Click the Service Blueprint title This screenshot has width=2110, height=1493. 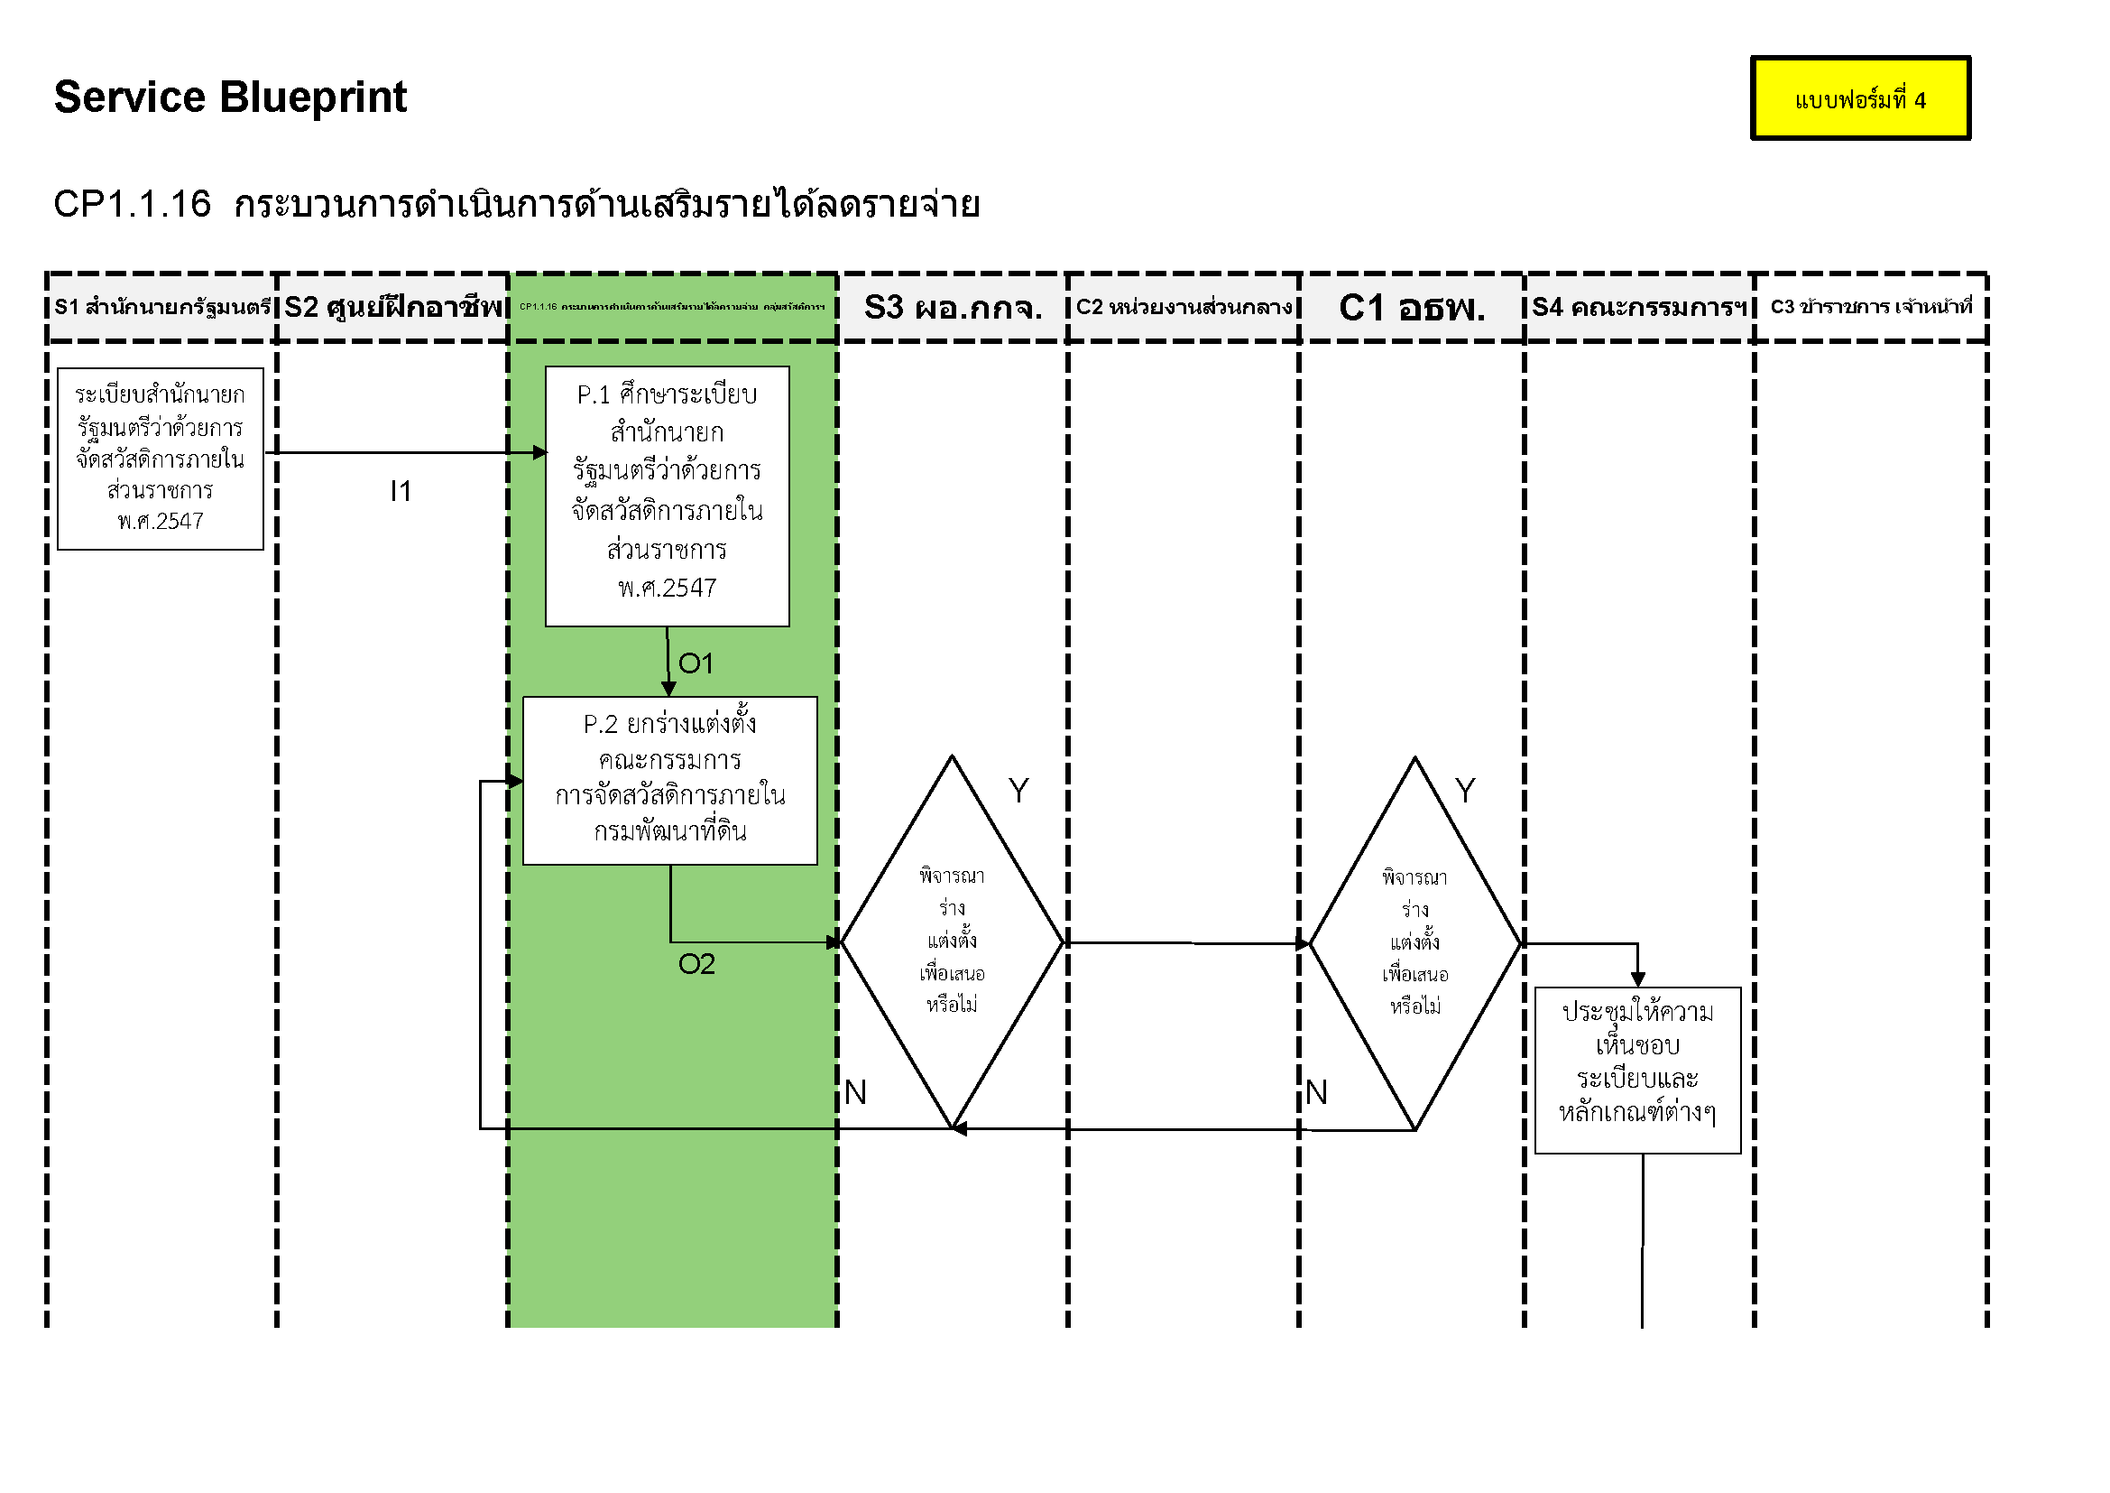pyautogui.click(x=230, y=97)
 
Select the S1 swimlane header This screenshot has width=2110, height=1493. pyautogui.click(x=161, y=307)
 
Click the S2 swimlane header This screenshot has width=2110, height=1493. pyautogui.click(x=393, y=307)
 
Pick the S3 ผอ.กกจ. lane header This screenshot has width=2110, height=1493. pyautogui.click(x=953, y=307)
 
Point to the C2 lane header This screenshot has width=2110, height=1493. pyautogui.click(x=1184, y=307)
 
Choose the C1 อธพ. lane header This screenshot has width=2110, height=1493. pyautogui.click(x=1412, y=307)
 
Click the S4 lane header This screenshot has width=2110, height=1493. pyautogui.click(x=1638, y=307)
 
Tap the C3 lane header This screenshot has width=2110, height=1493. pyautogui.click(x=1870, y=307)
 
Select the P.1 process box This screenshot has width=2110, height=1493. pyautogui.click(x=668, y=496)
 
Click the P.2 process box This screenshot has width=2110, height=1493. pyautogui.click(x=670, y=781)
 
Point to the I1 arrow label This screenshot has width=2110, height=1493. pyautogui.click(x=401, y=491)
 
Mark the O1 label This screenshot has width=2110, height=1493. pyautogui.click(x=696, y=663)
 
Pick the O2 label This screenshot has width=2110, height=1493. pyautogui.click(x=696, y=963)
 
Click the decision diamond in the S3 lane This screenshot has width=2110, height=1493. pyautogui.click(x=952, y=942)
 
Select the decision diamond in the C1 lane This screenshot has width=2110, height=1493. pyautogui.click(x=1415, y=943)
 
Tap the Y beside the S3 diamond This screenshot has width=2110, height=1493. pyautogui.click(x=1018, y=791)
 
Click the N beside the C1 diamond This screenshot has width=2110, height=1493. pyautogui.click(x=1316, y=1092)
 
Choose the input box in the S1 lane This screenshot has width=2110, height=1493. pyautogui.click(x=161, y=459)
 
